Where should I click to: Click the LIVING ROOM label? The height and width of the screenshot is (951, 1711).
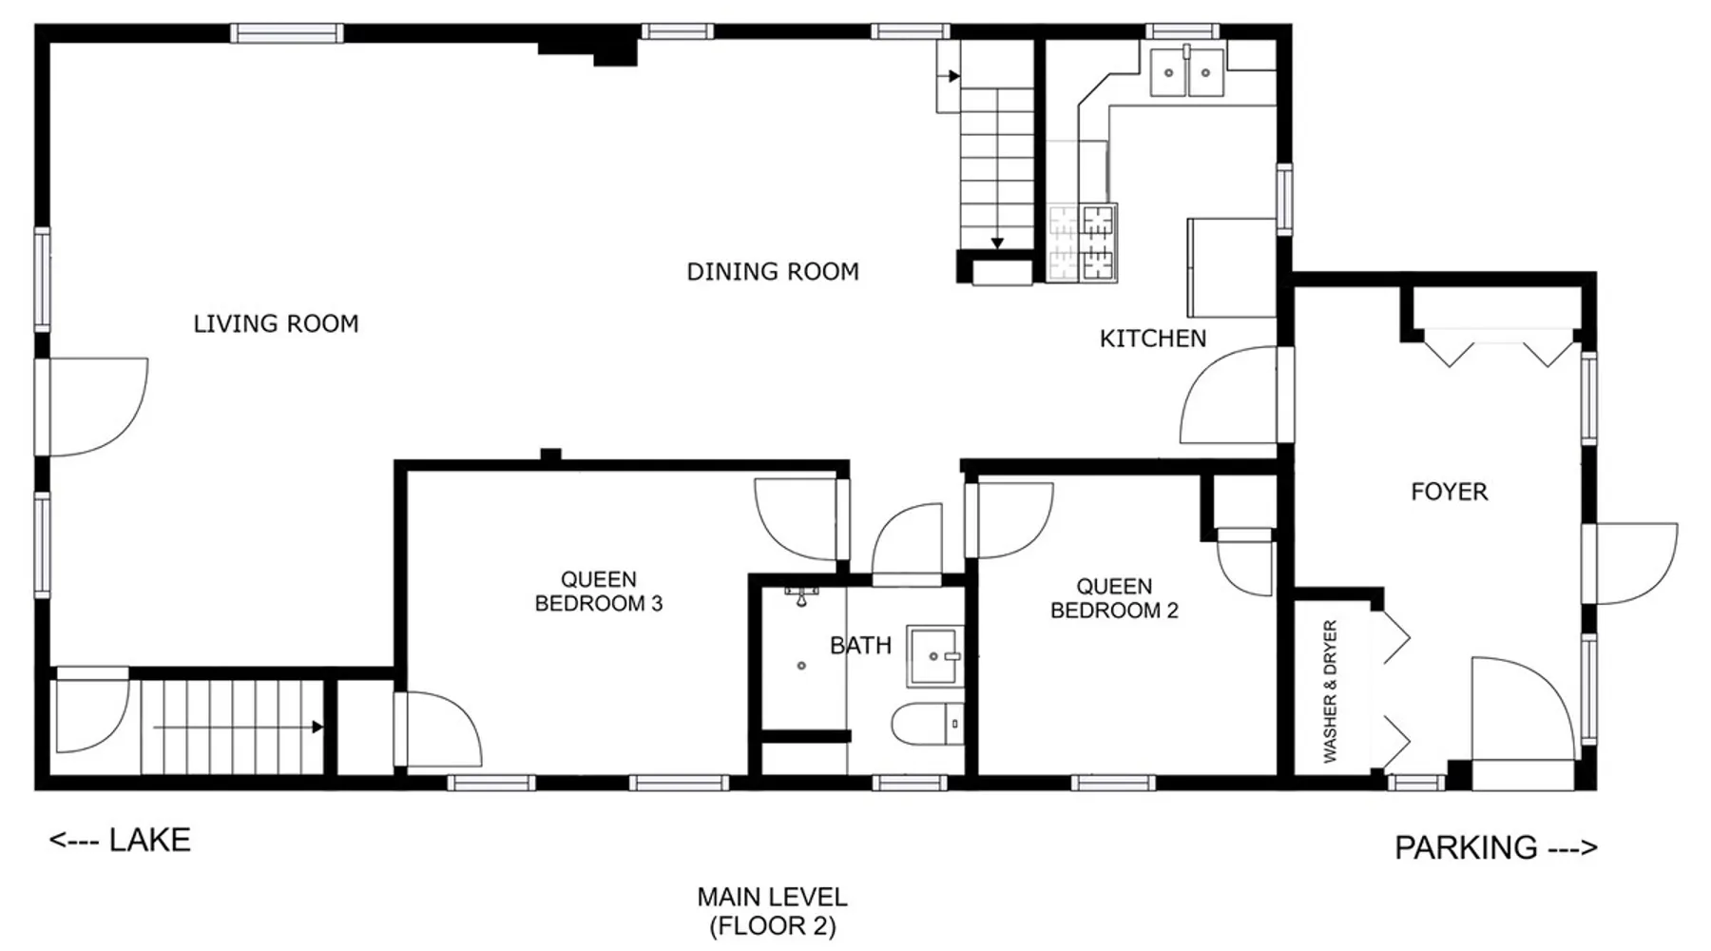point(276,324)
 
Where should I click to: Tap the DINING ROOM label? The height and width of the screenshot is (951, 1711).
point(773,272)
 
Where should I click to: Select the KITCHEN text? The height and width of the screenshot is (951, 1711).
point(1153,339)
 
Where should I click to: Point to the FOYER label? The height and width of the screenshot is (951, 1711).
point(1449,492)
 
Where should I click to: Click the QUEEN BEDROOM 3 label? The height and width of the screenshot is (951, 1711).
point(599,592)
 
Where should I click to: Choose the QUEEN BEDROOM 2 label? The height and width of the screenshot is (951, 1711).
point(1114,598)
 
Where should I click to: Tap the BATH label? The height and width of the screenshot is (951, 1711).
point(860,646)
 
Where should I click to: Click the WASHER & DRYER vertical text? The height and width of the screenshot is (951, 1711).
point(1330,691)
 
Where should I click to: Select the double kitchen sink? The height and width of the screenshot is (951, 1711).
point(1187,70)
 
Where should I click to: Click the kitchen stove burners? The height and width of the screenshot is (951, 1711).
point(1083,243)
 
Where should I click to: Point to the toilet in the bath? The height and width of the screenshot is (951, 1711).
point(928,725)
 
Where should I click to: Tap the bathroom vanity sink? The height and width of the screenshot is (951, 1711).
point(935,656)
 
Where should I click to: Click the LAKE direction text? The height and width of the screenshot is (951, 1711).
point(121,841)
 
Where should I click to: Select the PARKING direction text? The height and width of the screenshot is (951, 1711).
point(1495,847)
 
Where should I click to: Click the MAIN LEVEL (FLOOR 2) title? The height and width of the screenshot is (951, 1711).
point(773,911)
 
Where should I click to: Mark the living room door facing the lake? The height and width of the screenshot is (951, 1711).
point(92,407)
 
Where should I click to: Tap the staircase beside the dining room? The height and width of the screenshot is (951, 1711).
point(995,162)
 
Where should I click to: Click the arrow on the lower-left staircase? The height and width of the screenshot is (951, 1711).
point(239,728)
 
